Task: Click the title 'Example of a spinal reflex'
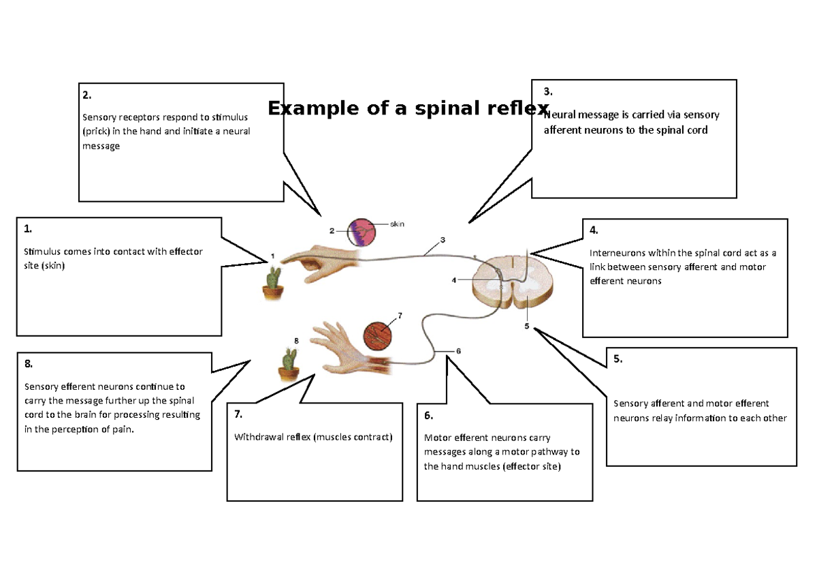pyautogui.click(x=408, y=108)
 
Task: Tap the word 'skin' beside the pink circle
pyautogui.click(x=398, y=224)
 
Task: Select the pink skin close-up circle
pyautogui.click(x=362, y=232)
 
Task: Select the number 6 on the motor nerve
pyautogui.click(x=458, y=351)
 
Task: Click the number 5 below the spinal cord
pyautogui.click(x=526, y=326)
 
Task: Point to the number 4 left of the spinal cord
pyautogui.click(x=454, y=279)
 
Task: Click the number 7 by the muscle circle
pyautogui.click(x=400, y=316)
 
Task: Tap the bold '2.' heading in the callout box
pyautogui.click(x=86, y=95)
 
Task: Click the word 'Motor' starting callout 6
pyautogui.click(x=437, y=438)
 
